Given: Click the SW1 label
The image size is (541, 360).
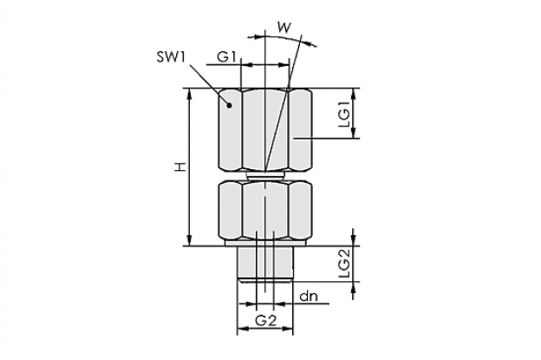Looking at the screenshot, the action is [x=171, y=57].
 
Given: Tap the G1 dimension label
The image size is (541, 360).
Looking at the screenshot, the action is [x=226, y=56].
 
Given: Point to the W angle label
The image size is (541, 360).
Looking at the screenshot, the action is [x=284, y=27].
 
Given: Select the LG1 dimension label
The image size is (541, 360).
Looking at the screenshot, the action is [x=344, y=114].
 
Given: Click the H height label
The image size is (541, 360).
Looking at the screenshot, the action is [x=179, y=167].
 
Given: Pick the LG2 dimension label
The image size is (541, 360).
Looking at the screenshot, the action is [x=344, y=264].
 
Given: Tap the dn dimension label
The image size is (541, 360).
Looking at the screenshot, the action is [x=309, y=296].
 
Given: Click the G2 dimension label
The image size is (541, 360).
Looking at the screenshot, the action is [x=266, y=321].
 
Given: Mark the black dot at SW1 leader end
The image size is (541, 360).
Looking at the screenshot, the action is [x=228, y=105].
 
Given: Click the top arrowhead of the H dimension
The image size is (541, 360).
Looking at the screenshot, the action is [x=189, y=94].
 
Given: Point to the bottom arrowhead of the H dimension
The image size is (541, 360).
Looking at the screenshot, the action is [x=189, y=240].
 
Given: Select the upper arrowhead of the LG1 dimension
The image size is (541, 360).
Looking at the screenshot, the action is [x=353, y=94].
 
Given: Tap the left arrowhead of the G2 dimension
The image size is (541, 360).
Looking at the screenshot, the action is [x=243, y=329].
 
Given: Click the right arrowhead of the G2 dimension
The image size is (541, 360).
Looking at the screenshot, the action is [x=288, y=329].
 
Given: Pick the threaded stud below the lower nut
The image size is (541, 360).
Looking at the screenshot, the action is [x=265, y=263].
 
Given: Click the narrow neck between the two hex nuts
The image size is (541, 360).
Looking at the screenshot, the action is [x=265, y=176].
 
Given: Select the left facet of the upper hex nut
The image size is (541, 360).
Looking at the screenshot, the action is [x=230, y=130].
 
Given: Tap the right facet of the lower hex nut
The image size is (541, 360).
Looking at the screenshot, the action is [x=300, y=210].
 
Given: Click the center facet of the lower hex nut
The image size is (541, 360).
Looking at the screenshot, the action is [x=265, y=210].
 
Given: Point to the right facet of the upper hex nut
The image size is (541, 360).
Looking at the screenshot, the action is [x=300, y=130].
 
